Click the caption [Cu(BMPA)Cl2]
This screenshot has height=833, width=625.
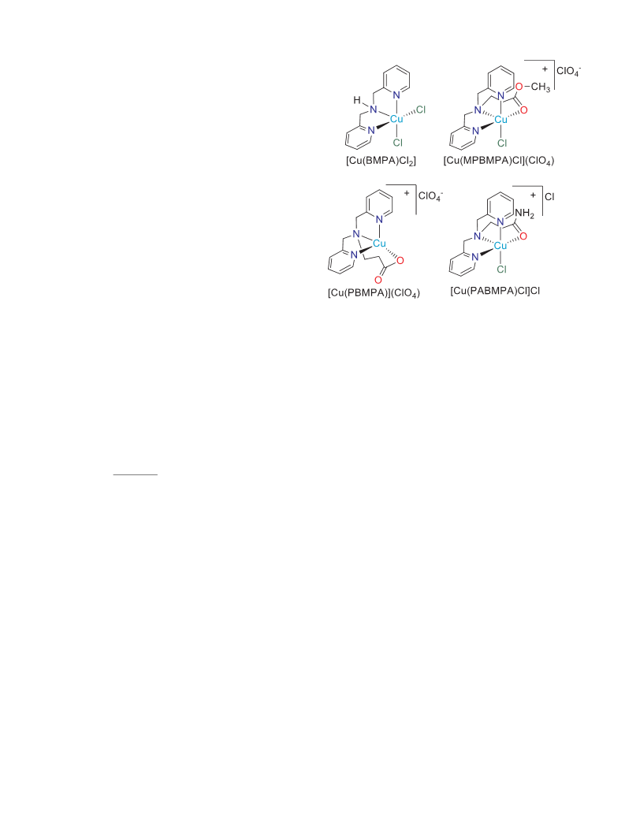381,161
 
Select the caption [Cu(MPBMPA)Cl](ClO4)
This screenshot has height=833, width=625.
499,161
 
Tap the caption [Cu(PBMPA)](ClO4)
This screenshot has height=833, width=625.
374,292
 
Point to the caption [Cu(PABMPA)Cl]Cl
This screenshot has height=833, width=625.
495,291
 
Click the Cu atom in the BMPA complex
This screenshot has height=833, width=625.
396,119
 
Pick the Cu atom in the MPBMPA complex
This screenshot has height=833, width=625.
501,120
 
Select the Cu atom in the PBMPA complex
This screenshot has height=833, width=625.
379,244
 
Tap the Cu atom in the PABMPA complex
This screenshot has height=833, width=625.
500,246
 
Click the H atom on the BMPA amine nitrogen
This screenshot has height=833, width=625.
357,100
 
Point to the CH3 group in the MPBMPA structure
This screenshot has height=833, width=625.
541,87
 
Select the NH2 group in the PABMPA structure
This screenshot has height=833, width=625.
525,214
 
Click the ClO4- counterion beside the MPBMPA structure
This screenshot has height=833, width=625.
569,71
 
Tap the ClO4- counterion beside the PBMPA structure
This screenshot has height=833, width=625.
430,196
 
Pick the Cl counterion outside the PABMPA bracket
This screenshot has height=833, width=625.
549,196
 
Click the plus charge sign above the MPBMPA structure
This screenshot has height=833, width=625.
545,69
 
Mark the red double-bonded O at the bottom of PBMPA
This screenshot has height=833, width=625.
378,280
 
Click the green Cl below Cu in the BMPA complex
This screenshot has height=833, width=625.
397,143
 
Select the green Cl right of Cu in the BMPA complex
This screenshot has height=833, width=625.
421,110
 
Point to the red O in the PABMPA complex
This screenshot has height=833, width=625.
523,236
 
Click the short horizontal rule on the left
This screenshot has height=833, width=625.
136,474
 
